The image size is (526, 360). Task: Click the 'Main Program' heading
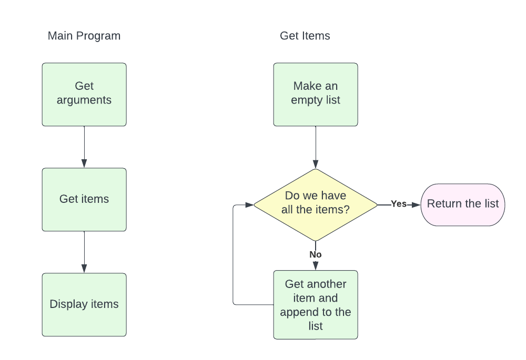(84, 36)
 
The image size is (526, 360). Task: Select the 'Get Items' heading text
(305, 36)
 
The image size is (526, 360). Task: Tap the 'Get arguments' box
(84, 95)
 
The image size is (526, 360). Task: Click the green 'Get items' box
(84, 199)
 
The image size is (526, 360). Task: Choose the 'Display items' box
(84, 304)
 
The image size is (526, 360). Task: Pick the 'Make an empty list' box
(316, 95)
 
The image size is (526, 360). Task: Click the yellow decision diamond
(316, 204)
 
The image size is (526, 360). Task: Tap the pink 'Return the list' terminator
(462, 204)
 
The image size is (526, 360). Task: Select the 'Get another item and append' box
(316, 305)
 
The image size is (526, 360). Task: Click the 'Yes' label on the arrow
(399, 204)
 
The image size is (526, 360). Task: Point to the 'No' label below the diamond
(316, 254)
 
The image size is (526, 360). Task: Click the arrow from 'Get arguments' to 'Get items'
(84, 147)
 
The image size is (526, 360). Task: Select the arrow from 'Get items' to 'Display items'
(84, 252)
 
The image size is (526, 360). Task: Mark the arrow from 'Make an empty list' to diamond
(316, 147)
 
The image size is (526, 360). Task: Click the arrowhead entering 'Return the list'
(417, 204)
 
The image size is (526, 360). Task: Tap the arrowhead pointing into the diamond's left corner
(249, 204)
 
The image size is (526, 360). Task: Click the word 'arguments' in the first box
(84, 100)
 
